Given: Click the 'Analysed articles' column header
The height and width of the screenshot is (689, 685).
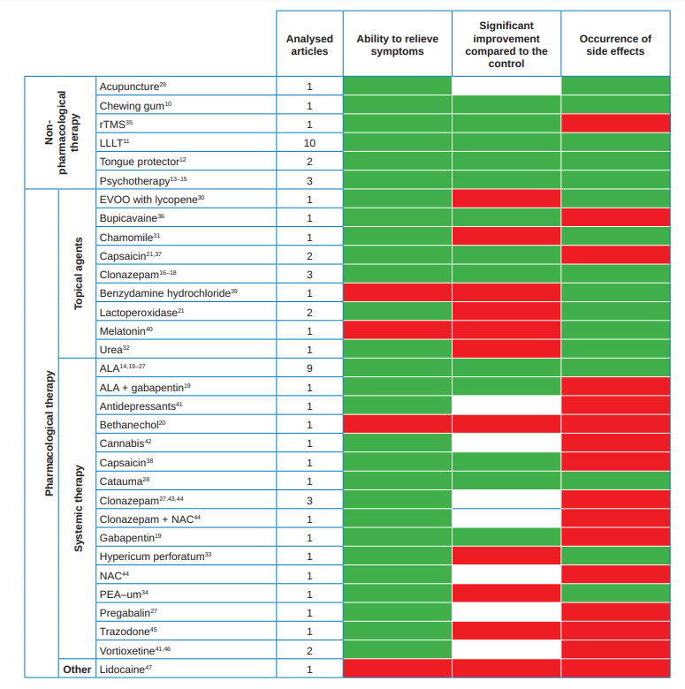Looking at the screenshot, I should (309, 45).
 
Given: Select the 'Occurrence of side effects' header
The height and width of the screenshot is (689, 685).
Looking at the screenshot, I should (615, 45).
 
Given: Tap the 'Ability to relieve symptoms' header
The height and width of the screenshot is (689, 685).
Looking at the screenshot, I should (397, 45).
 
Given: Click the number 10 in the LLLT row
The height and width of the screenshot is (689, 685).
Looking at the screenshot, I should (309, 142).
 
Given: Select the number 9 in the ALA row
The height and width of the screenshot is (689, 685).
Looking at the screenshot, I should (309, 368).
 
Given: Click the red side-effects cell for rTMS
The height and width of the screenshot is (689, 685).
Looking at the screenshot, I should (615, 124).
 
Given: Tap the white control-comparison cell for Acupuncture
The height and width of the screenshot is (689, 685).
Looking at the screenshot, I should (506, 86).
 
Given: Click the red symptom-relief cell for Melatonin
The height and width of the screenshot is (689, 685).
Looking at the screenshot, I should (397, 330).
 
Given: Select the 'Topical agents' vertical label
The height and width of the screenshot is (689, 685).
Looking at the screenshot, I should (78, 274).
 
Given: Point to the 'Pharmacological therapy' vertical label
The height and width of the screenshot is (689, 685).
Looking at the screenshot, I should (49, 433).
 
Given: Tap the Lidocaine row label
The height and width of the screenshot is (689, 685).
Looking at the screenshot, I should (126, 669).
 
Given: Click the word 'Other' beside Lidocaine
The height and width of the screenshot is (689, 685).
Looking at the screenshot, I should (77, 669).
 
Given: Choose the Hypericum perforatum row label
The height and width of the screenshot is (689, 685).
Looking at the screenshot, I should (156, 556).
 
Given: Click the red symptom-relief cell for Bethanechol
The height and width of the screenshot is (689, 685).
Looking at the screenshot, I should (397, 425).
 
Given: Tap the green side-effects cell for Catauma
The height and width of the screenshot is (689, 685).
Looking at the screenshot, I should (615, 481).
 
